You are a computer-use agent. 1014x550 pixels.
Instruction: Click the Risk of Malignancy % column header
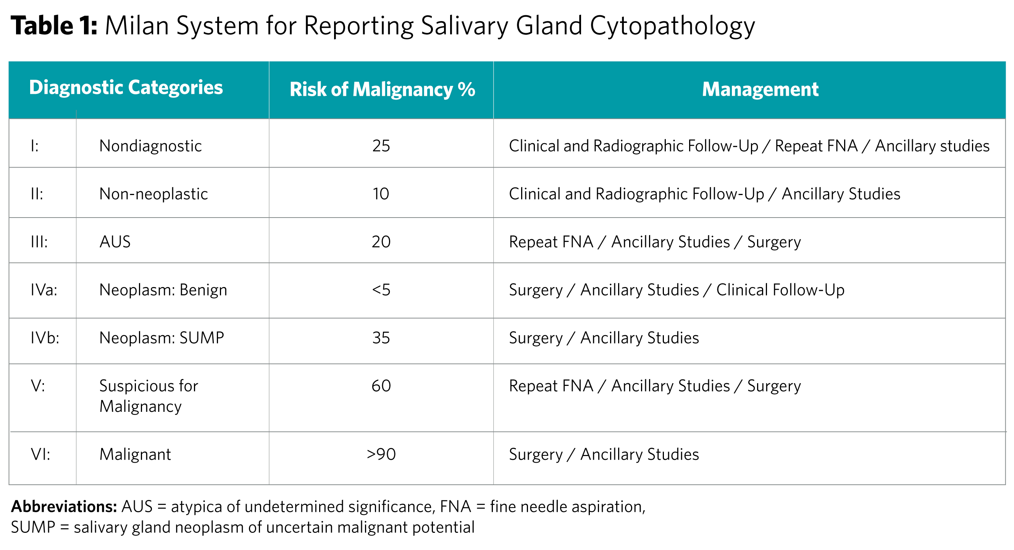382,89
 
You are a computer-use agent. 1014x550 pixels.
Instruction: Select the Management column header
760,89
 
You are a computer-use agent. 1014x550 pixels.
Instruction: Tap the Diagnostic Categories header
126,87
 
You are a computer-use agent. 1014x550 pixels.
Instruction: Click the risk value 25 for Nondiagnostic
381,146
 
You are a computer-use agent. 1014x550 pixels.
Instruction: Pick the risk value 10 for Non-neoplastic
381,194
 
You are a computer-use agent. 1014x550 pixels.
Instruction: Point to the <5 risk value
381,290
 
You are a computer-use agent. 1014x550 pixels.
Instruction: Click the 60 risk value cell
381,386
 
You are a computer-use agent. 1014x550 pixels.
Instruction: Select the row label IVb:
45,338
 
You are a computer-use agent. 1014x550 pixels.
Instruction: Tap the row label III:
39,242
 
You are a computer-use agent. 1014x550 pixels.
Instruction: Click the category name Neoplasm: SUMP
161,338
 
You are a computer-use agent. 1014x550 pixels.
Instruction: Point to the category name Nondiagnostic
150,146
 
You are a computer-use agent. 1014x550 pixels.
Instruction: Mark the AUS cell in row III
115,242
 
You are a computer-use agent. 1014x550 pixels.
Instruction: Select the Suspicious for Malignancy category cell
149,396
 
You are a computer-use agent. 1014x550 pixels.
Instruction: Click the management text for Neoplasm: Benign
676,290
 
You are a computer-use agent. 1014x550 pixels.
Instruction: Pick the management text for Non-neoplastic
704,194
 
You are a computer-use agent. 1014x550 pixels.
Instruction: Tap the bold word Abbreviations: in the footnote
64,507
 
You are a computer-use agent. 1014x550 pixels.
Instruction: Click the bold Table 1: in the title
54,26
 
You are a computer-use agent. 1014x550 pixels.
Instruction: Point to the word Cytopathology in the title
672,26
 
